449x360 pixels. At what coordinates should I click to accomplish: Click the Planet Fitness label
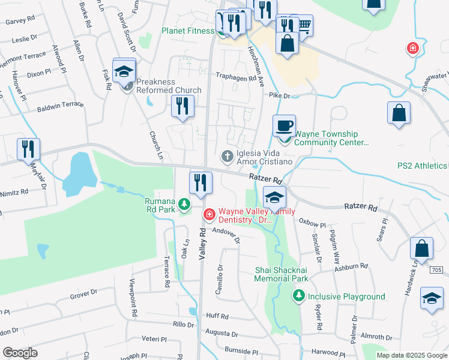coord(188,31)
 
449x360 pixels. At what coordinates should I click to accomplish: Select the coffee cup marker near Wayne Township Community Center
coord(285,126)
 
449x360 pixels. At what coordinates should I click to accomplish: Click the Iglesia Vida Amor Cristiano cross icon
coord(227,156)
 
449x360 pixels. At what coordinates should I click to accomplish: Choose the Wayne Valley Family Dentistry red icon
coord(209,214)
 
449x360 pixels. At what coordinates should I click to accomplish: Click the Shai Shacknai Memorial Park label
coord(281,274)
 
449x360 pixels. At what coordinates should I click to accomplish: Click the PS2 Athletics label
coord(422,166)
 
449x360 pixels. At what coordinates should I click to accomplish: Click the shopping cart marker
coord(304,25)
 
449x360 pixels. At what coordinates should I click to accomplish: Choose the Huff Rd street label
coord(217,316)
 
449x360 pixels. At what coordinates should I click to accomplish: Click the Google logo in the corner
coord(20,353)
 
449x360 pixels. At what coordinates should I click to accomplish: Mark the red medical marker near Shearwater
coord(412,48)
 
